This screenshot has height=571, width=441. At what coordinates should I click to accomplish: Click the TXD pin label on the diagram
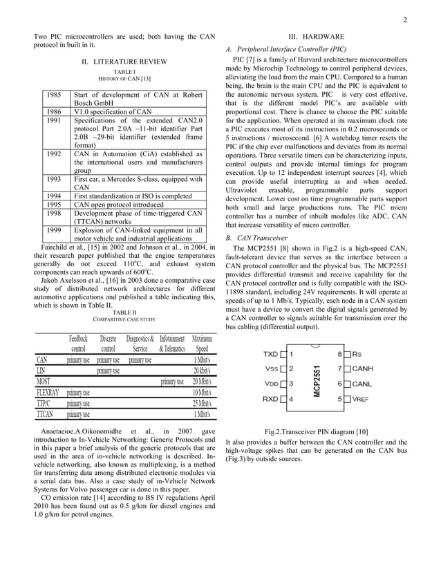271,354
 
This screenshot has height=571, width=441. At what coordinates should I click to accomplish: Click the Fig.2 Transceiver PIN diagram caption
317,431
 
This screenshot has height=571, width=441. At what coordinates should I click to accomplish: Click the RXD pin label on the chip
271,399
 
